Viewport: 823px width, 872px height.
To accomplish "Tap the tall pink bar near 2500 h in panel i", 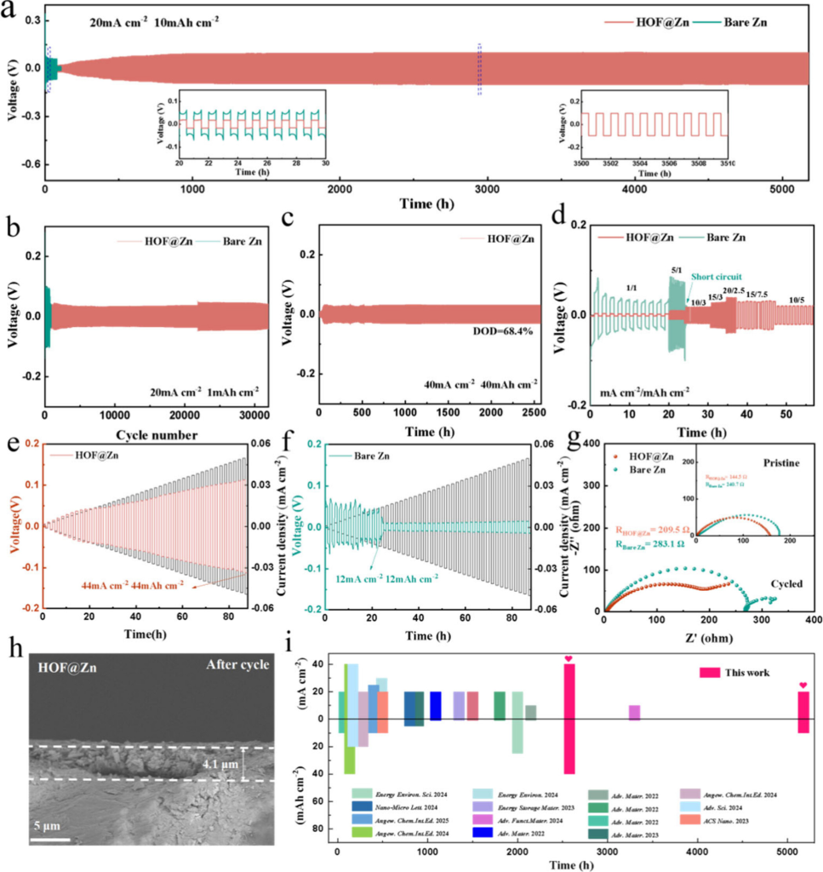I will click(569, 720).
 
